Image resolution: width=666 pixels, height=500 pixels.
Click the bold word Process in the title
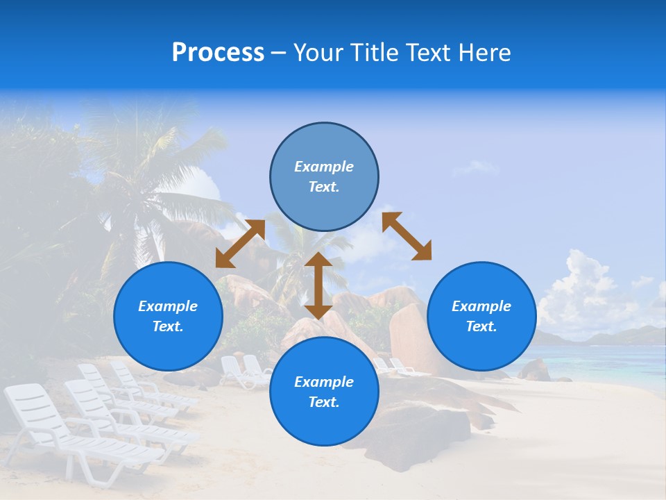[218, 53]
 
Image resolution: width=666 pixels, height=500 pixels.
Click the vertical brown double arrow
[318, 285]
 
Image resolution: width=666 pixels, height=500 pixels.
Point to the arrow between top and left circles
[240, 244]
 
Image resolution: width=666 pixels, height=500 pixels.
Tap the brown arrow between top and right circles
[407, 236]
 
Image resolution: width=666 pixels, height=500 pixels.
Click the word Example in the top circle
[324, 167]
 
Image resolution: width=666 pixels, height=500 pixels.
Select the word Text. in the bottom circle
[324, 402]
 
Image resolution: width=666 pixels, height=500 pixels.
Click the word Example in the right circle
[481, 306]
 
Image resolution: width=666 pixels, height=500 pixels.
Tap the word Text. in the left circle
[168, 326]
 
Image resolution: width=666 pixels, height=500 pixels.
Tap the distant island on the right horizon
[610, 336]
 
